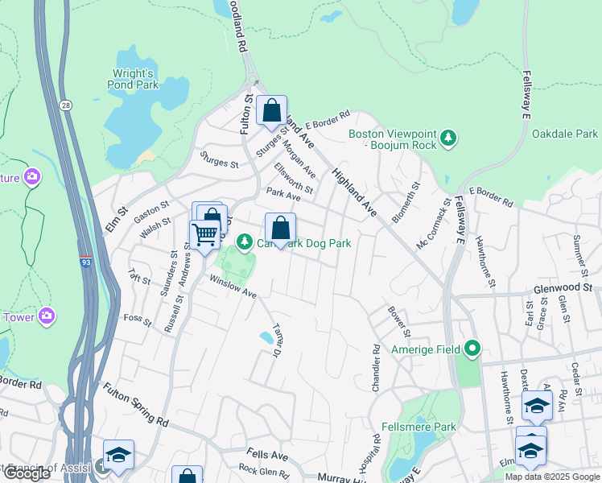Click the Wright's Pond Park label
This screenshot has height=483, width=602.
(x=133, y=78)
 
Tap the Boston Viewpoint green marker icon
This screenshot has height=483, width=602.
(x=449, y=139)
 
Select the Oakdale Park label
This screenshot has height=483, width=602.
(x=564, y=134)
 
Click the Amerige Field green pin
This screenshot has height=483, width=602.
(x=472, y=349)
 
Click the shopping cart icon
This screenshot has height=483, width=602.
(x=205, y=234)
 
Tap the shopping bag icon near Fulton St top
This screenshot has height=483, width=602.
(x=272, y=110)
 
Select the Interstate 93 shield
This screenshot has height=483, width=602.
(x=85, y=262)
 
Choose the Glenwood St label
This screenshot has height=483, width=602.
(x=562, y=287)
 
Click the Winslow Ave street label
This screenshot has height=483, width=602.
(x=233, y=287)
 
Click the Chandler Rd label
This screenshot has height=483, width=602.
(x=376, y=369)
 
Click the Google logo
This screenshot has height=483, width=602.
(x=27, y=473)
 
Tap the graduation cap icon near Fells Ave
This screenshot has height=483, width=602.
(x=118, y=455)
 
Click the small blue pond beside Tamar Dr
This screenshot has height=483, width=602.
(x=266, y=337)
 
